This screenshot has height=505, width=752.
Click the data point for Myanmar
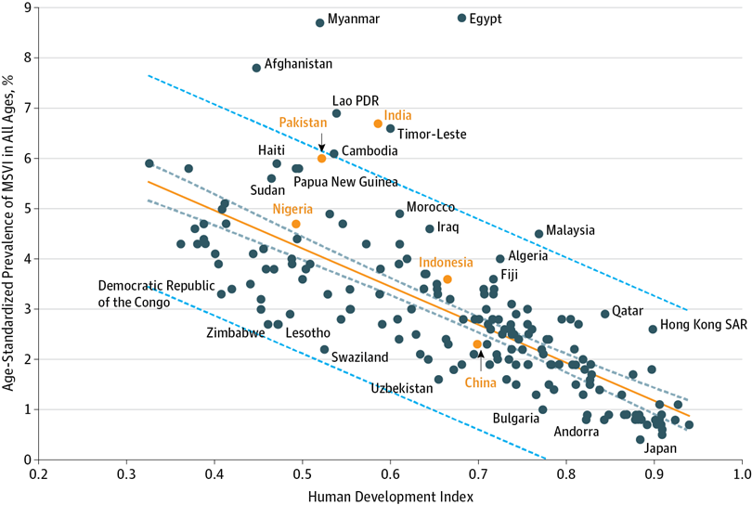click(319, 22)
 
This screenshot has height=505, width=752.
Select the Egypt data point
click(461, 18)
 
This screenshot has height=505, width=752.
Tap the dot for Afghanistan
click(256, 68)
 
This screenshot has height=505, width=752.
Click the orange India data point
click(378, 123)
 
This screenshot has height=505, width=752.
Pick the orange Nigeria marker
click(296, 224)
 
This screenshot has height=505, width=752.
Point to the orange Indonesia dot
click(447, 279)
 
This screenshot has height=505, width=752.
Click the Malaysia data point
click(538, 234)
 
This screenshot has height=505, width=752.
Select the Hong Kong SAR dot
click(653, 329)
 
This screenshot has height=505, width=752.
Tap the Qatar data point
click(605, 314)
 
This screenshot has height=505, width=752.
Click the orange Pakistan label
click(303, 123)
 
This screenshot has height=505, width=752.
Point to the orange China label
click(480, 382)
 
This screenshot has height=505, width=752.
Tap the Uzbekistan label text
click(401, 388)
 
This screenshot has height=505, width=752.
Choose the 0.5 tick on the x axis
click(302, 475)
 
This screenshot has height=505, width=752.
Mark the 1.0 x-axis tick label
click(741, 475)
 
